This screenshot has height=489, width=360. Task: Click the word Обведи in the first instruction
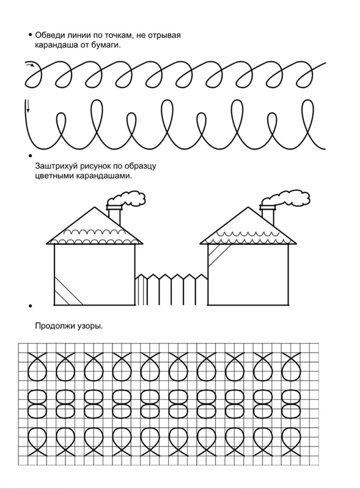click(x=50, y=35)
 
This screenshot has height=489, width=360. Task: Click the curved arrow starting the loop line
click(x=31, y=65)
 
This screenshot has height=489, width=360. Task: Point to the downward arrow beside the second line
click(x=28, y=106)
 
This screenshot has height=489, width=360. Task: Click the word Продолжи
click(x=54, y=326)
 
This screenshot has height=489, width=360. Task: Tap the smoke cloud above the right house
click(x=286, y=199)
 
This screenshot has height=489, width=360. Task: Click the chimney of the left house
click(x=114, y=215)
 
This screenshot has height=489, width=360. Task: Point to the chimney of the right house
click(x=268, y=215)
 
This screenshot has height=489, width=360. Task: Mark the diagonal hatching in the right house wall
click(x=218, y=255)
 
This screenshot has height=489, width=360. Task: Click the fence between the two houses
click(x=172, y=289)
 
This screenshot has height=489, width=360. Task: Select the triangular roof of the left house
click(x=95, y=226)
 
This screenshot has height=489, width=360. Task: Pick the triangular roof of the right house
click(x=248, y=226)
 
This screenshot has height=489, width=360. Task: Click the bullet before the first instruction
click(x=30, y=35)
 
